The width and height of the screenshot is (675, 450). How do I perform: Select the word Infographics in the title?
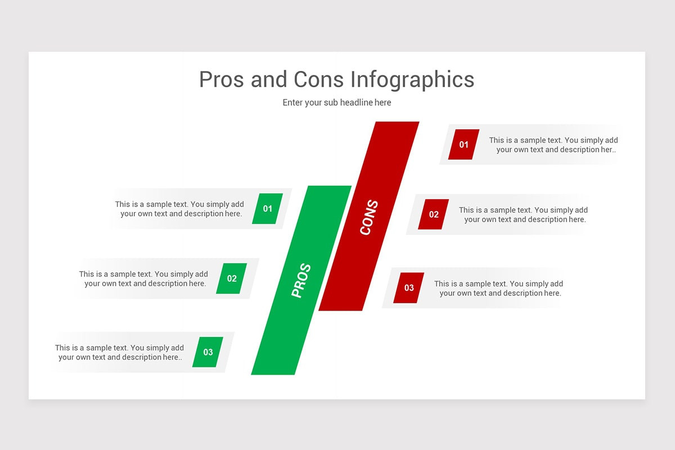[412, 79]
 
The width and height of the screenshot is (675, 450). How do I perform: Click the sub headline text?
[337, 102]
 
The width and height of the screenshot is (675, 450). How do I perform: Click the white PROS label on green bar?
[301, 281]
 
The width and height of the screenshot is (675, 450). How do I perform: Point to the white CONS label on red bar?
[369, 218]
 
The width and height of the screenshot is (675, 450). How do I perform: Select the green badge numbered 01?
[267, 209]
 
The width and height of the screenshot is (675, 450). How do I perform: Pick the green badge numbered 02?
[232, 278]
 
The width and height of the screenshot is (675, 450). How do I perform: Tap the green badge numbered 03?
[208, 352]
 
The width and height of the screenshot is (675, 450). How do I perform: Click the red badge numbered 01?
[463, 145]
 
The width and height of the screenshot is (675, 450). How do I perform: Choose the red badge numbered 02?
[434, 214]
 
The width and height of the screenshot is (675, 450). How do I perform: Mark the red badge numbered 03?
[409, 288]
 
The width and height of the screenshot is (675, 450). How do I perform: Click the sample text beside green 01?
[180, 209]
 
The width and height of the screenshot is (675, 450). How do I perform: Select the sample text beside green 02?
[144, 278]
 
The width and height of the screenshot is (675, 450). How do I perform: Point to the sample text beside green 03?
[120, 352]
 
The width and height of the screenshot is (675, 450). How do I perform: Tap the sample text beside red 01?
[554, 145]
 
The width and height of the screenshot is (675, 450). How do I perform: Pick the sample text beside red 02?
[524, 214]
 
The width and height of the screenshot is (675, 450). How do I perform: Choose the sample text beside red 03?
[499, 288]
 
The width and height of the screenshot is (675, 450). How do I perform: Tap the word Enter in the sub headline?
[292, 102]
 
